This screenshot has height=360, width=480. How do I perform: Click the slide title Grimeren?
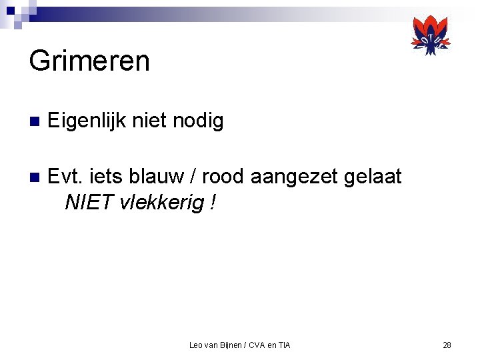(89, 61)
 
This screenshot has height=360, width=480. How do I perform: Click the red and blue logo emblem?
(431, 35)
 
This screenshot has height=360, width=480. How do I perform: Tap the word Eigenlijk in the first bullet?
(87, 121)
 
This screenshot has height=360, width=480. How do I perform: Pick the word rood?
(224, 177)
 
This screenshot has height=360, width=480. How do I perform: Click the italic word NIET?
(89, 203)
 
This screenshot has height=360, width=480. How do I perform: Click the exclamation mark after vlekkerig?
(212, 203)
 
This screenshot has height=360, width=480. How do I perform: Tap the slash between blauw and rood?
(192, 177)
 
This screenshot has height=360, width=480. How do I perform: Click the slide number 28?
(447, 345)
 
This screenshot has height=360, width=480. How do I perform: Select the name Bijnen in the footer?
(229, 345)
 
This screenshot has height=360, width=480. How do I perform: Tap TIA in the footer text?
(284, 345)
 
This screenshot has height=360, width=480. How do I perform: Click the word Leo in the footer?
(196, 345)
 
